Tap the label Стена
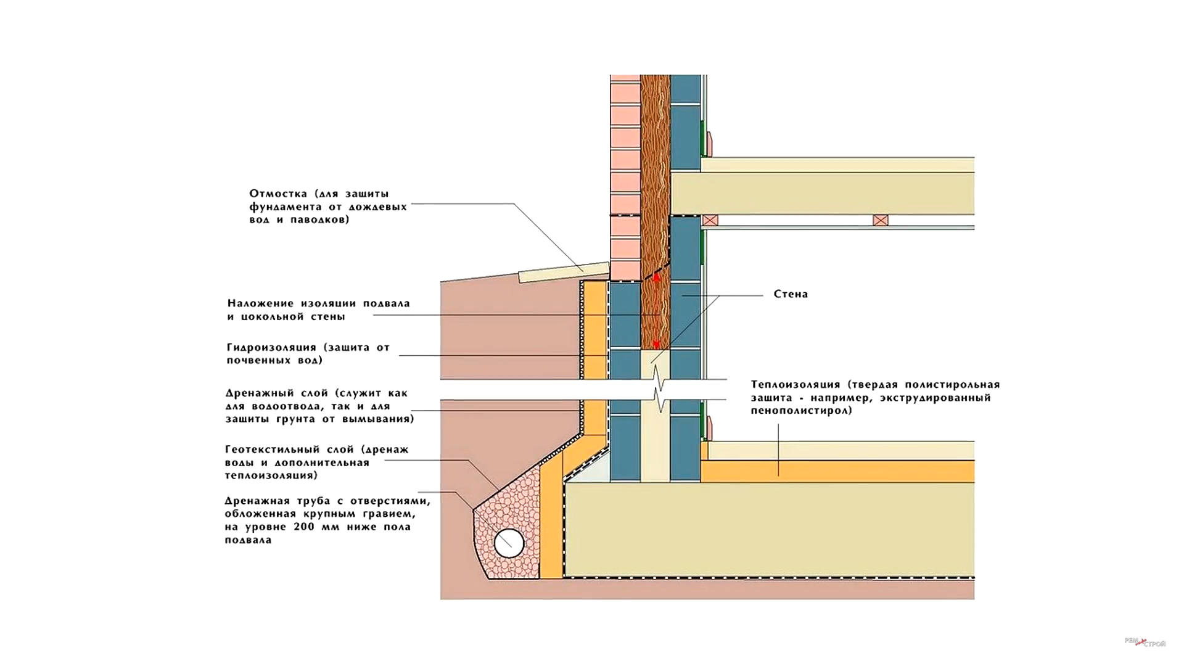[x=791, y=294]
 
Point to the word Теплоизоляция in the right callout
[x=795, y=384]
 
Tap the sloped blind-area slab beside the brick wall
[x=564, y=272]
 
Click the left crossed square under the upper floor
[x=710, y=220]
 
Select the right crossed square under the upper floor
[x=881, y=220]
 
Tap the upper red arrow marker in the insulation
[x=657, y=278]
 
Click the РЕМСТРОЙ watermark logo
[x=1145, y=643]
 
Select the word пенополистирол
[x=801, y=411]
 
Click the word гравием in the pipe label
[x=393, y=514]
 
